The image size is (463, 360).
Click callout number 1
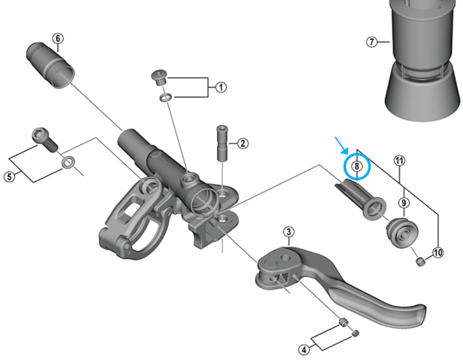(x=221, y=87)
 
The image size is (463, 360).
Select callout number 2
(x=242, y=143)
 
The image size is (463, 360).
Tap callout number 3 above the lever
(x=289, y=231)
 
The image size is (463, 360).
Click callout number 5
(x=9, y=176)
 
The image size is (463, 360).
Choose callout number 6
(x=58, y=38)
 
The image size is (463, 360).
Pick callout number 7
(x=371, y=42)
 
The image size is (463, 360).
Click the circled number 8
(x=357, y=168)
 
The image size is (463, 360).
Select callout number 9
(x=404, y=203)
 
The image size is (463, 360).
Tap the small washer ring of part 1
(x=164, y=98)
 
